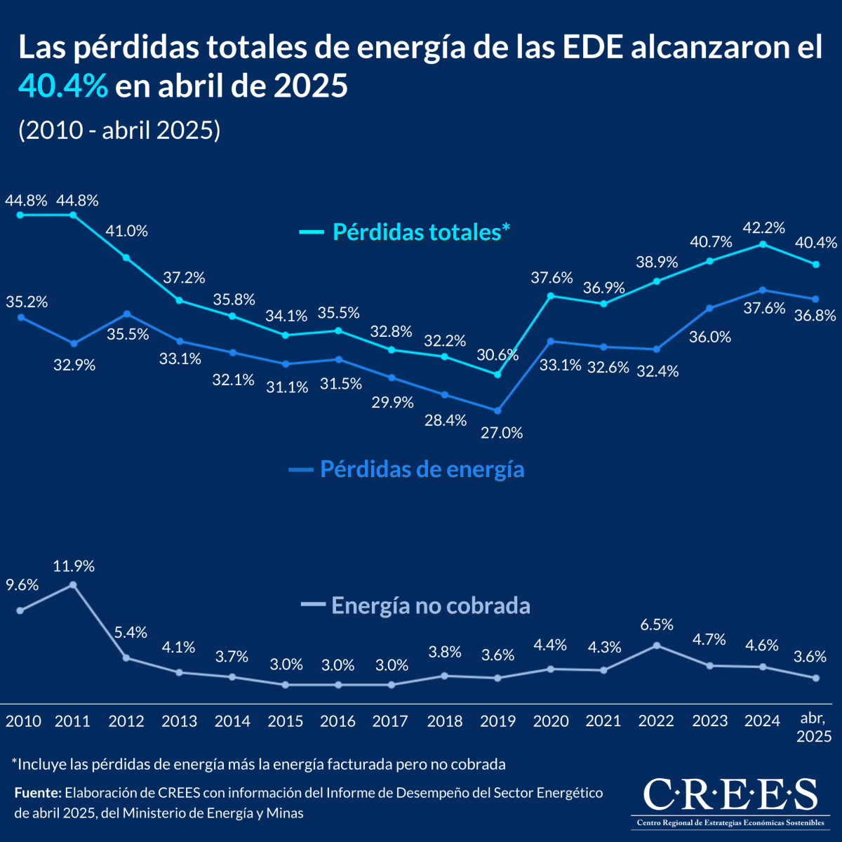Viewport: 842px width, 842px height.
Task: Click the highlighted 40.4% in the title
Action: pyautogui.click(x=63, y=86)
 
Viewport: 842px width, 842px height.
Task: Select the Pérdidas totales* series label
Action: pyautogui.click(x=420, y=232)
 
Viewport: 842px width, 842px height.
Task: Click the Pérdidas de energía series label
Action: pyautogui.click(x=422, y=469)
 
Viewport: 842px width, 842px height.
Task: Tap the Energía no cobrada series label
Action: pyautogui.click(x=430, y=605)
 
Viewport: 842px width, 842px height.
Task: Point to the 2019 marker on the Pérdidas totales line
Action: pyautogui.click(x=497, y=375)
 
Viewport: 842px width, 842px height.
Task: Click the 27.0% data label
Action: pyautogui.click(x=501, y=433)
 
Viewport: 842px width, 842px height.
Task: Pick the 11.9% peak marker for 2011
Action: pyautogui.click(x=73, y=584)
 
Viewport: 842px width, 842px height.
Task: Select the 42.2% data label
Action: pyautogui.click(x=763, y=227)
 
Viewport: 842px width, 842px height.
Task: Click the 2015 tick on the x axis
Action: pyautogui.click(x=286, y=721)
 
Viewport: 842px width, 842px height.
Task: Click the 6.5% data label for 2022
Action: pyautogui.click(x=657, y=624)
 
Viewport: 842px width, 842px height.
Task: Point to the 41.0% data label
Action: pyautogui.click(x=126, y=231)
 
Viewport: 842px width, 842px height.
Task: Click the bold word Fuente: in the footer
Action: pyautogui.click(x=38, y=793)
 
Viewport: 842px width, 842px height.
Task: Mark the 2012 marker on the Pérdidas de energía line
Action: pyautogui.click(x=126, y=314)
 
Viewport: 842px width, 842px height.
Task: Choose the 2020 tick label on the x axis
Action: pyautogui.click(x=551, y=721)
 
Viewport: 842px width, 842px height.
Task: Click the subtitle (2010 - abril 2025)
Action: pyautogui.click(x=119, y=131)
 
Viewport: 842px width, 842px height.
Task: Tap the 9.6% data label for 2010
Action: pyautogui.click(x=22, y=585)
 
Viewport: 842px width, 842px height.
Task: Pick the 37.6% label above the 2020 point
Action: pyautogui.click(x=552, y=278)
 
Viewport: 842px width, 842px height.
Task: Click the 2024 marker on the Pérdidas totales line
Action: pyautogui.click(x=763, y=244)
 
